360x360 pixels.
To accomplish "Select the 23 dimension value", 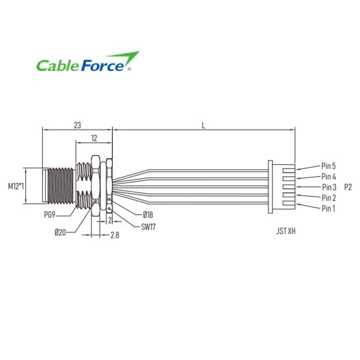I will click(x=76, y=125).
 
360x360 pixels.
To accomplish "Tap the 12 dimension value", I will click(x=94, y=137).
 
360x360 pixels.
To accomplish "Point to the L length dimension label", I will click(x=204, y=125).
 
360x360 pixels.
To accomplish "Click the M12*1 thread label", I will click(x=16, y=186).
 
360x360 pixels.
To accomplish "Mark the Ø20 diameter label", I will click(x=61, y=232).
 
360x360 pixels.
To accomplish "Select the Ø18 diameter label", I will click(x=148, y=214).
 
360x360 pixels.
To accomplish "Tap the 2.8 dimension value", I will click(x=115, y=235).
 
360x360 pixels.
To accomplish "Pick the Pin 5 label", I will click(x=329, y=166).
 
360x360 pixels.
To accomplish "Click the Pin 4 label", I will click(x=329, y=177).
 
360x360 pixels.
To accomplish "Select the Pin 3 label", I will click(x=329, y=187).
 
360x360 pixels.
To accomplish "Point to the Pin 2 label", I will click(x=329, y=198).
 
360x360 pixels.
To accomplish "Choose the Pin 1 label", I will click(x=328, y=208).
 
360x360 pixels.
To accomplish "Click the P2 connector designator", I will click(x=348, y=187).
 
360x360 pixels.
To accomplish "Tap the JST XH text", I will click(x=286, y=232).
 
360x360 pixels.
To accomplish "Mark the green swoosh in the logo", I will click(x=125, y=57).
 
